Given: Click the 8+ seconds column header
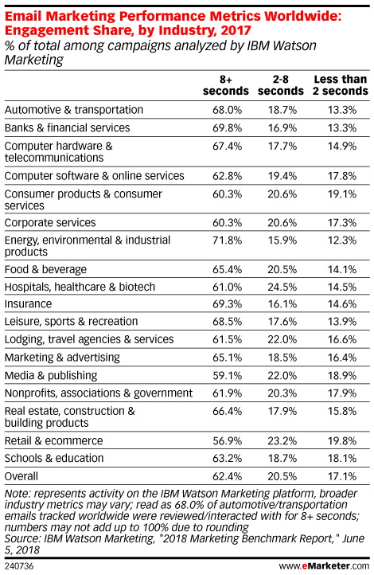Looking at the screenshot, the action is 226,85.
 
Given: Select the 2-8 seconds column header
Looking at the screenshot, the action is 281,85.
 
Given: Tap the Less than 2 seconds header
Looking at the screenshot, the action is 341,85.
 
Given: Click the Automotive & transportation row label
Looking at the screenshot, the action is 74,110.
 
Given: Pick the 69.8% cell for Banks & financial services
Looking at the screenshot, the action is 227,128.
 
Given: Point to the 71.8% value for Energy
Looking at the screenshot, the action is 227,241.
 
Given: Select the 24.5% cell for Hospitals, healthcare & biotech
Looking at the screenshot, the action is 282,287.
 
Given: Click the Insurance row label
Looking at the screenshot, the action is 28,304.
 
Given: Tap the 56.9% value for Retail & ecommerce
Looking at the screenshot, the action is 227,440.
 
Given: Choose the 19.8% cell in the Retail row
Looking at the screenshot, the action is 342,440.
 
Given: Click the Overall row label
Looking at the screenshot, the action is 21,476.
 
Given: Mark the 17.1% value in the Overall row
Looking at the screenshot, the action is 342,476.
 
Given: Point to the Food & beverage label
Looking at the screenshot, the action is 45,269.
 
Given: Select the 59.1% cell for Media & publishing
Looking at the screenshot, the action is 227,376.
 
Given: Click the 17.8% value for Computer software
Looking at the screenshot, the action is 342,176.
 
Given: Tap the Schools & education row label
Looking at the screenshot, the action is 54,459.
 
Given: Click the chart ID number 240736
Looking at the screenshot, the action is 19,566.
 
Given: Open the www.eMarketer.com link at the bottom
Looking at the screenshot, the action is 324,566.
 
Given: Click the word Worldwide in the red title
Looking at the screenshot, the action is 302,16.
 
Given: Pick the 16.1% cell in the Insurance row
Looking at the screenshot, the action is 282,304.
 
